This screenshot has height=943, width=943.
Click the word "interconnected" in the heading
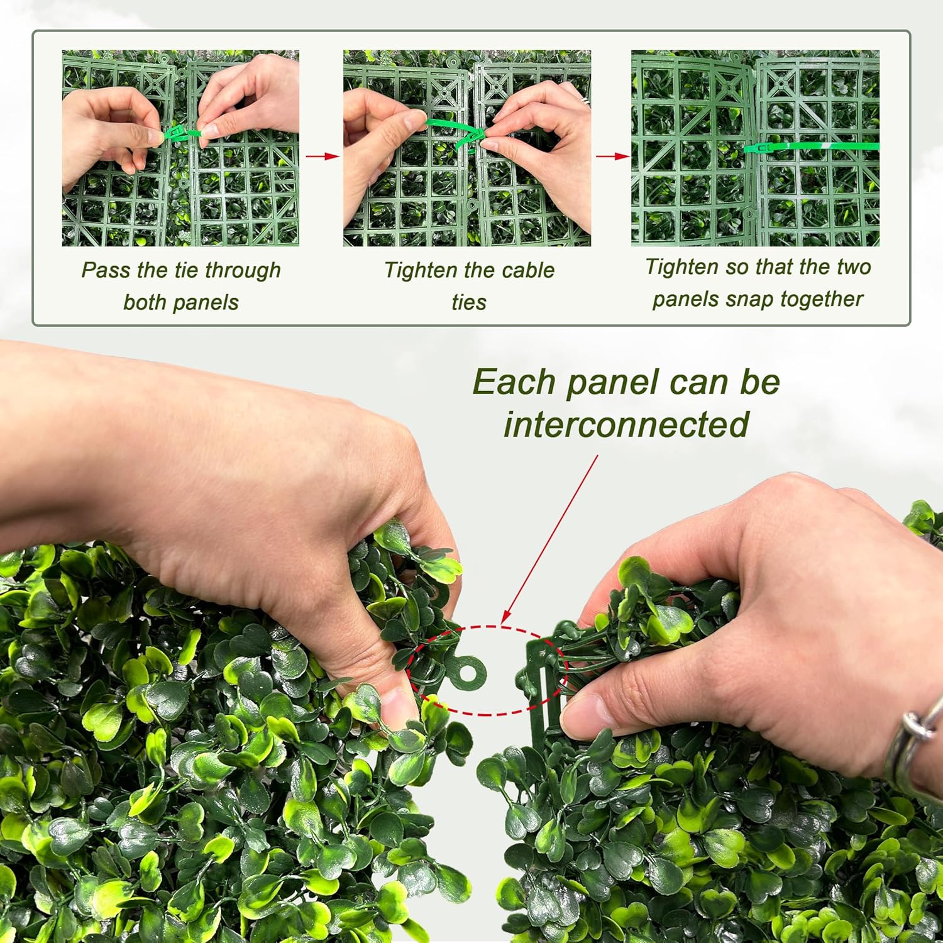point(626,424)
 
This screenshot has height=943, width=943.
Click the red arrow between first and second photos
point(322,156)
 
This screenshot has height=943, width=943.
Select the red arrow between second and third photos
point(612,156)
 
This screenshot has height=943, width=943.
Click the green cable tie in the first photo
point(182,134)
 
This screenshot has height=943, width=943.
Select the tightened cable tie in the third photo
point(811,147)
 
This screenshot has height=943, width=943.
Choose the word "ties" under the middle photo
point(469,302)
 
